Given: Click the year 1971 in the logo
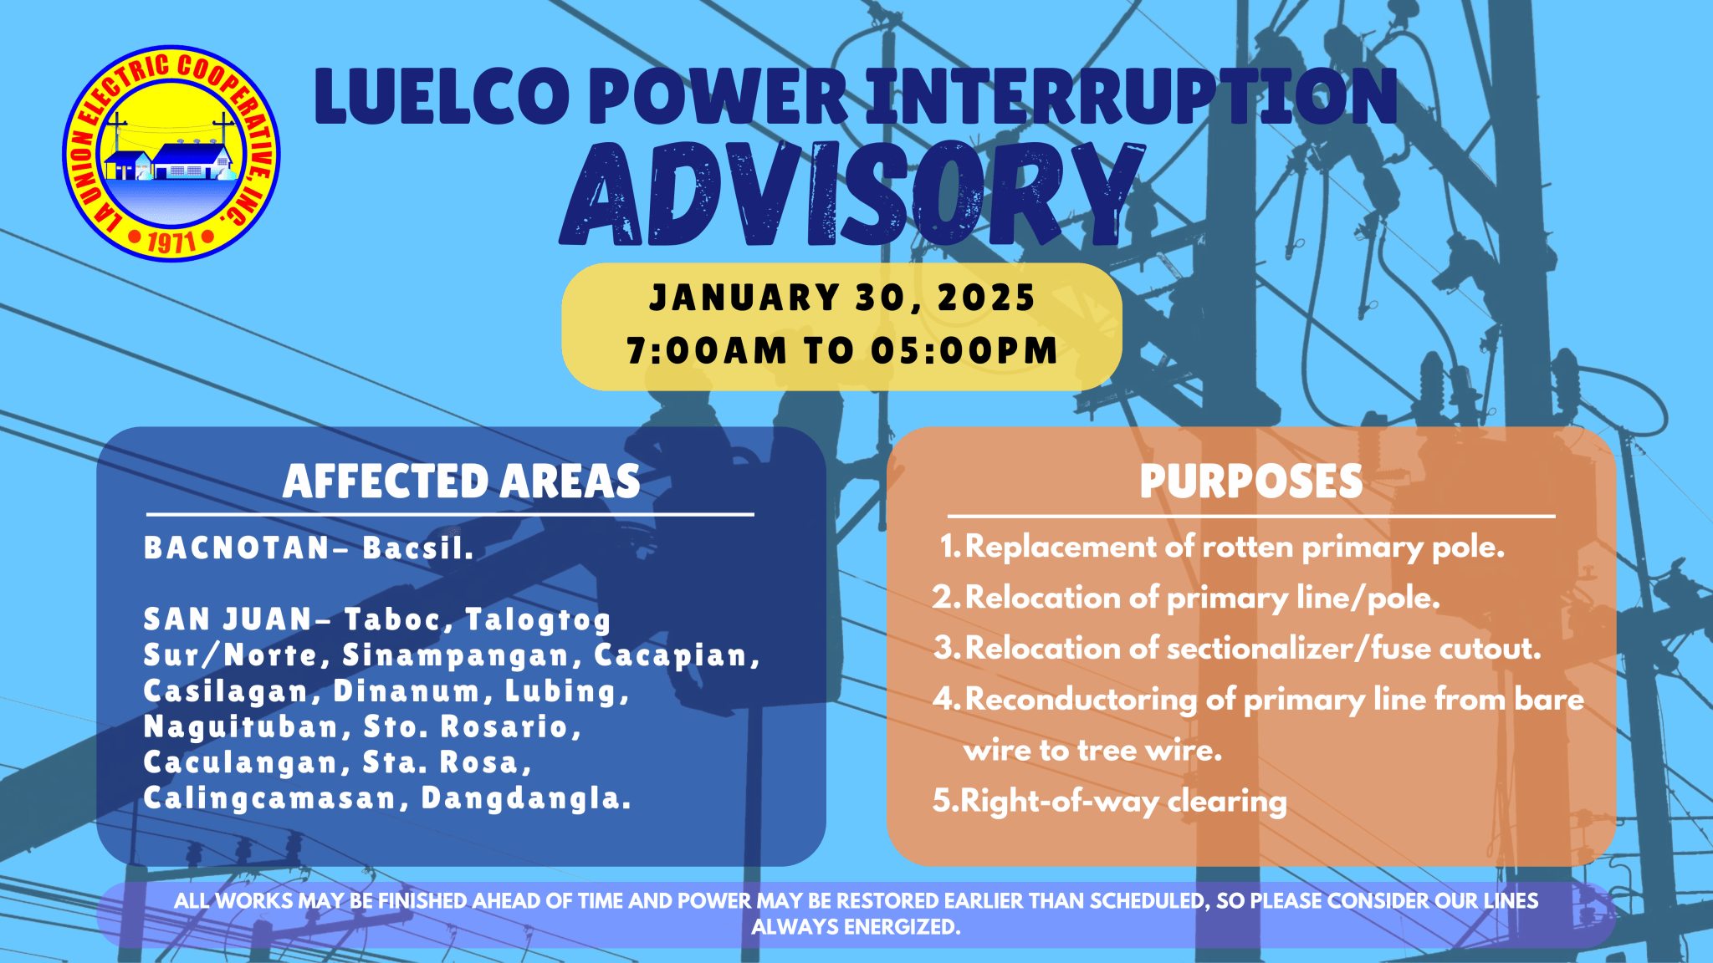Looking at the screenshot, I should click(171, 242).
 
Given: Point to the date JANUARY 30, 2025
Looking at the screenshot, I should click(842, 298).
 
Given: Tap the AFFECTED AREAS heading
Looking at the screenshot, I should click(461, 481).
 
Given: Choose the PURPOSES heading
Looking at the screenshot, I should click(1250, 481).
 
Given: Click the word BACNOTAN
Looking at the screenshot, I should click(238, 548).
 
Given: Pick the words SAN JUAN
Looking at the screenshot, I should click(228, 619).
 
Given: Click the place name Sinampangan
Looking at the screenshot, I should click(457, 656).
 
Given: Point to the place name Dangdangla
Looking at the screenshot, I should click(525, 798).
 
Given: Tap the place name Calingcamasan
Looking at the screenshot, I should click(269, 798).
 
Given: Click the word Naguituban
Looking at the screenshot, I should click(241, 727).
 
